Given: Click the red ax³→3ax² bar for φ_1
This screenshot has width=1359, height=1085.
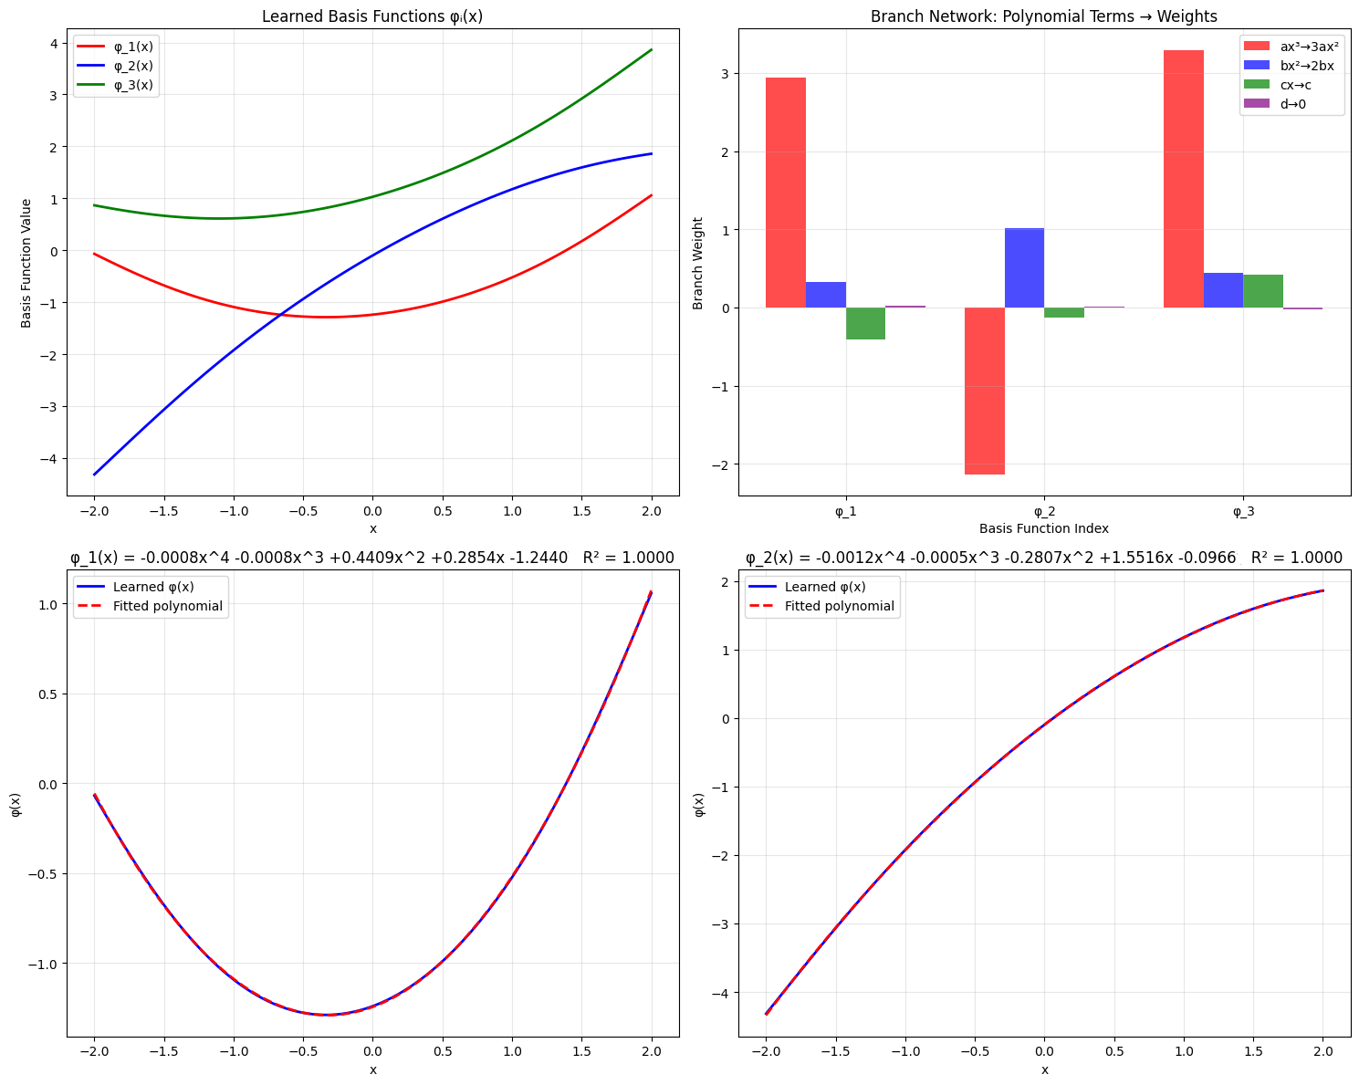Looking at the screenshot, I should coord(785,193).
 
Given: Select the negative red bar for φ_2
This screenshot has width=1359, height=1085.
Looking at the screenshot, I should coord(985,391).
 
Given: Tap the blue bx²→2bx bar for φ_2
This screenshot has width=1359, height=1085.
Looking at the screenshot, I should coord(1024,267).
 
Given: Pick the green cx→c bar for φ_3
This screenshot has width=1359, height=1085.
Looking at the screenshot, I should coord(1262,291).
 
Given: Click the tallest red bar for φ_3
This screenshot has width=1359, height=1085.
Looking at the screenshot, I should coord(1183,179).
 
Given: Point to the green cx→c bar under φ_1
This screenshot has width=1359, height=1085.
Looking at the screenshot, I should coord(865,323).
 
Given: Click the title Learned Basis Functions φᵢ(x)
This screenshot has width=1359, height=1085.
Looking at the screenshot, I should coord(372,16).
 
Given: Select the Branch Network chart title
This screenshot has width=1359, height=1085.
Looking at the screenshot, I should coord(1044,16).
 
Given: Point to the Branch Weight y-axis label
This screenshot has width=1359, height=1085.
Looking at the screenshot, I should coord(698,263).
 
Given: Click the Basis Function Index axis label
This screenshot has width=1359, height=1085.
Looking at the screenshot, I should coord(1044,528).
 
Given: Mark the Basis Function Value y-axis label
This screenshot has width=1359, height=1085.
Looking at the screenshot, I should coord(26,263).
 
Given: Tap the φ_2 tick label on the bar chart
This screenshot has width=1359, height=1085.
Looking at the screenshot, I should coord(1044,512).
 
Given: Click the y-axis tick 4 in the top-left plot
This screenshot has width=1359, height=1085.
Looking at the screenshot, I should coord(54,44).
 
